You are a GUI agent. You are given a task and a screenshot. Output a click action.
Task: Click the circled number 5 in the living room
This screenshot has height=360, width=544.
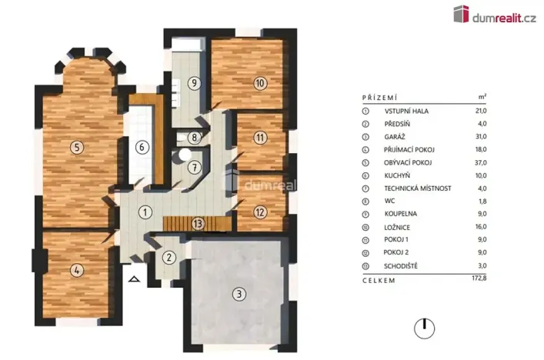click(x=75, y=147)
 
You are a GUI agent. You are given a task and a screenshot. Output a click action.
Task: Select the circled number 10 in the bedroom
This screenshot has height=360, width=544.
click(x=260, y=83)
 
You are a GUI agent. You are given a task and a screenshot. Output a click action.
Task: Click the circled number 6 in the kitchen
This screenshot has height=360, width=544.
click(x=141, y=147)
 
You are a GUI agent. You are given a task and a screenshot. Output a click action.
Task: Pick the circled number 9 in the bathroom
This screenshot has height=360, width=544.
click(x=195, y=83)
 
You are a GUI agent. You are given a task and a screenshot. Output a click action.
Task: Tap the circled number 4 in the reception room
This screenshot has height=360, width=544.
click(x=75, y=270)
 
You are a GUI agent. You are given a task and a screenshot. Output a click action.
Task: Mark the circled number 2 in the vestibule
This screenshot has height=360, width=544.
click(x=170, y=258)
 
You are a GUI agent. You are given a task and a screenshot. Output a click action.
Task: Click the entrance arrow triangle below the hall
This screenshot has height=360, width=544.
click(x=135, y=280)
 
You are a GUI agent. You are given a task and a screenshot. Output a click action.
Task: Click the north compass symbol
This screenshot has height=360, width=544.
click(x=421, y=328)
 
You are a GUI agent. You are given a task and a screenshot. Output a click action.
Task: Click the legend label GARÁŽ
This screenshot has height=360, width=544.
click(x=396, y=136)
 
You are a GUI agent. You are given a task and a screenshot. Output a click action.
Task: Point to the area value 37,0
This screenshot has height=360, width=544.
click(x=482, y=162)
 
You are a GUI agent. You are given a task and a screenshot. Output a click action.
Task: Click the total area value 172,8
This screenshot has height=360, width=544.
click(x=481, y=281)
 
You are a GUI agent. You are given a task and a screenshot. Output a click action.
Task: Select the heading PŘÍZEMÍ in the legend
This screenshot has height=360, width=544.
click(x=379, y=98)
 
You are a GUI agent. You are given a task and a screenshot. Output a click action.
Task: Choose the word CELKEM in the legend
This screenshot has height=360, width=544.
click(x=378, y=281)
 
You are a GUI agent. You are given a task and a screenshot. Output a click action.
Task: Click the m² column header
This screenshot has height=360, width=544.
click(x=482, y=98)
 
